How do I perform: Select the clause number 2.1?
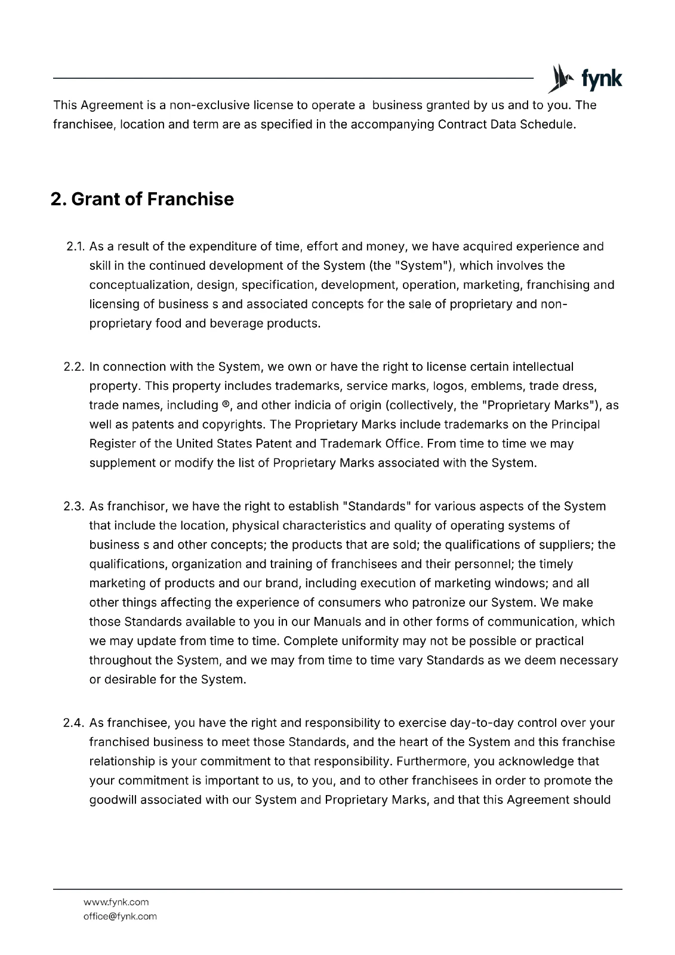(x=75, y=247)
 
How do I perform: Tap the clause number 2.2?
(x=75, y=366)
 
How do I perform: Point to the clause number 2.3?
(x=75, y=507)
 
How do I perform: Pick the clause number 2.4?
(x=75, y=723)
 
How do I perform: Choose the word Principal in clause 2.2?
(x=575, y=425)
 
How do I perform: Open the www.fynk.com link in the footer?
(x=116, y=902)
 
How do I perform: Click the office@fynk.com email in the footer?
(x=120, y=916)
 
